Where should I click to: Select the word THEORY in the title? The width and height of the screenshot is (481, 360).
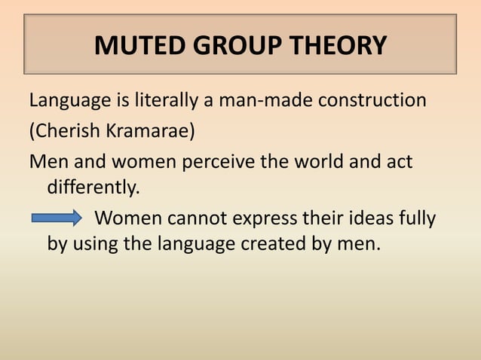click(x=337, y=46)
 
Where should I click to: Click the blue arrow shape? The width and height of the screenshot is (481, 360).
click(x=57, y=219)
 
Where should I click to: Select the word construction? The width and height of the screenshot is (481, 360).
click(x=375, y=100)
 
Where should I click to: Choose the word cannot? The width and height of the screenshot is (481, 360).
click(x=191, y=219)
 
